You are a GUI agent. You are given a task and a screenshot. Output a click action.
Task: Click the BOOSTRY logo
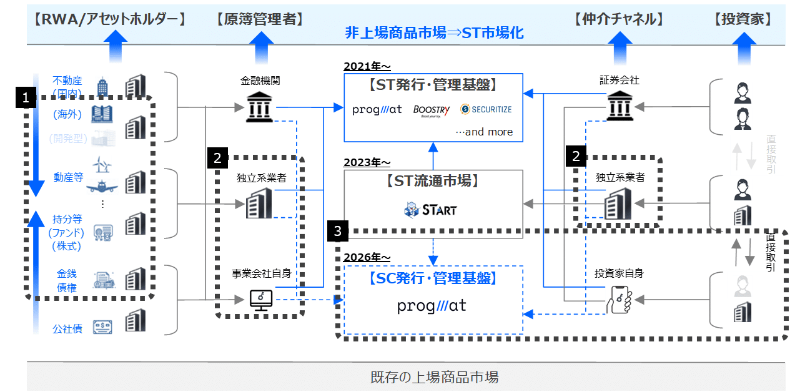pyautogui.click(x=432, y=110)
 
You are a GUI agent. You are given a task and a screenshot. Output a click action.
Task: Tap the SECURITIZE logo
pyautogui.click(x=486, y=109)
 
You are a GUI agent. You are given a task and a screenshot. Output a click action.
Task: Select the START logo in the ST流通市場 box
pyautogui.click(x=430, y=210)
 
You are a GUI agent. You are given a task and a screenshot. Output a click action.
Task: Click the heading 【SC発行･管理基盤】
pyautogui.click(x=433, y=278)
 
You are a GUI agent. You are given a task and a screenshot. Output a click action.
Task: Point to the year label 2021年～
pyautogui.click(x=367, y=67)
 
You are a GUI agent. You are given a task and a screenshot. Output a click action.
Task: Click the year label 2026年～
pyautogui.click(x=367, y=257)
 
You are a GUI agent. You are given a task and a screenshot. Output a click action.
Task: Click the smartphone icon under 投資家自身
pyautogui.click(x=619, y=300)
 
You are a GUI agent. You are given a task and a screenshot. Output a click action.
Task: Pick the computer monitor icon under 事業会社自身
pyautogui.click(x=261, y=300)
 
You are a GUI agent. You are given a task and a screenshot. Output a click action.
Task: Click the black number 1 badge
pyautogui.click(x=26, y=97)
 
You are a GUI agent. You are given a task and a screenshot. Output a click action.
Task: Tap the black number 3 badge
pyautogui.click(x=338, y=231)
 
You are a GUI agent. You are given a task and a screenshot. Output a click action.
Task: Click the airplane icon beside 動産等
pyautogui.click(x=104, y=185)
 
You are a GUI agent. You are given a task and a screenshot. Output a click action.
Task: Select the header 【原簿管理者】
pyautogui.click(x=260, y=19)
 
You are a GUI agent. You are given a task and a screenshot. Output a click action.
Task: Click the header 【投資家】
pyautogui.click(x=742, y=19)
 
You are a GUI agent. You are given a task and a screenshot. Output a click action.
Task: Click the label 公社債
pyautogui.click(x=67, y=328)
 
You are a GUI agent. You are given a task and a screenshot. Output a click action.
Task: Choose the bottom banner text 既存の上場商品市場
pyautogui.click(x=435, y=377)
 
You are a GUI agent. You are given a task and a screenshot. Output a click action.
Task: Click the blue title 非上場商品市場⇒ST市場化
pyautogui.click(x=435, y=32)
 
